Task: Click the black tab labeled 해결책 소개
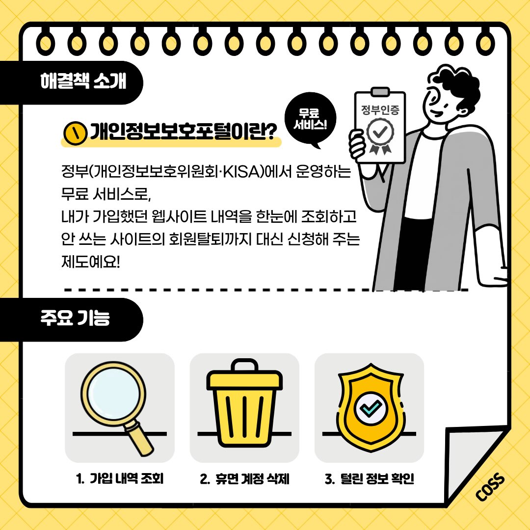click(71, 82)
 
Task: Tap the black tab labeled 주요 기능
click(71, 319)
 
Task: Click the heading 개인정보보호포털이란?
click(183, 132)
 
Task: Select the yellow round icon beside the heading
click(76, 133)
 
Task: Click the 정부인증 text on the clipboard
click(380, 109)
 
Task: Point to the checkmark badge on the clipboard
click(380, 135)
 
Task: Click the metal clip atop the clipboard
click(380, 92)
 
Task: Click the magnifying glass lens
click(113, 394)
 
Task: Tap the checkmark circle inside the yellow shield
click(371, 408)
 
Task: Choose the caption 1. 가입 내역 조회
click(120, 478)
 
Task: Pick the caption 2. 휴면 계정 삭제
click(244, 478)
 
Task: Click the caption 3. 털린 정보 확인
click(370, 478)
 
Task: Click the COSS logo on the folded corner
click(490, 487)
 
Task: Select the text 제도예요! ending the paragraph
click(91, 262)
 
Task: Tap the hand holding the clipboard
click(358, 145)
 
